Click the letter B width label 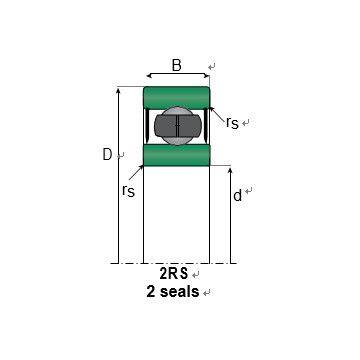pos(177,65)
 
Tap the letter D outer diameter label pos(107,154)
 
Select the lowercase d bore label pos(237,196)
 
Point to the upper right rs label pos(232,123)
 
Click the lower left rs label pos(128,191)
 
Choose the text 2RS pos(174,274)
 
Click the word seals pos(180,292)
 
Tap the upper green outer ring pos(176,97)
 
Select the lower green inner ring pos(176,155)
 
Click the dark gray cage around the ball pos(178,125)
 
